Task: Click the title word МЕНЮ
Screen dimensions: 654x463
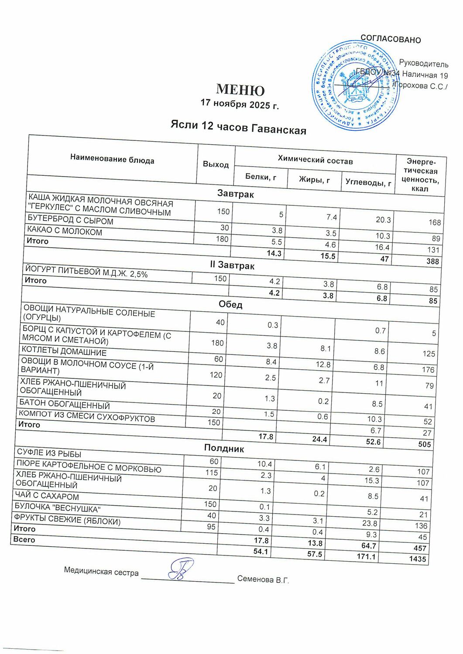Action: pos(240,90)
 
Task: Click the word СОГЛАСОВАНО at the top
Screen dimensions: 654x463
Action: pos(391,39)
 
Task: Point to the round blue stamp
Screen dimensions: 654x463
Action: pos(356,85)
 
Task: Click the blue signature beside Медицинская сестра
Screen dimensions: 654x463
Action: pos(179,569)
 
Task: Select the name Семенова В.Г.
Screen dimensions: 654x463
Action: pos(263,579)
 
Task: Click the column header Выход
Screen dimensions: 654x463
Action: pos(216,164)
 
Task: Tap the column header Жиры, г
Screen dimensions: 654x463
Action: pos(314,180)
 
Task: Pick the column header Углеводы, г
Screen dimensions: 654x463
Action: pos(368,182)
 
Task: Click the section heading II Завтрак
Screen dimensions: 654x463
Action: pos(232,265)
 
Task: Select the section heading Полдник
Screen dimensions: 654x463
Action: pos(224,448)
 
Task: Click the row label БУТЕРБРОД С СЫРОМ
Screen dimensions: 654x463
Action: pos(70,221)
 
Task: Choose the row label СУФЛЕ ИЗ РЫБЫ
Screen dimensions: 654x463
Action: pos(48,453)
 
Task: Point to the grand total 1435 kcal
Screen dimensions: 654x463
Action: pos(418,559)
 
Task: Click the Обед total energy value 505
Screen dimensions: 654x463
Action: pos(424,444)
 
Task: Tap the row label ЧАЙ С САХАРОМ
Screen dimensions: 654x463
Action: pos(47,496)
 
